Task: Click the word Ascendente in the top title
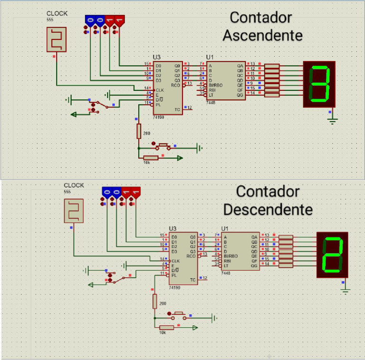pos(263,35)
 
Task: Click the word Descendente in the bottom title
pos(268,209)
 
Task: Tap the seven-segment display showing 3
pos(319,84)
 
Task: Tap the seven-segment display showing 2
pos(332,255)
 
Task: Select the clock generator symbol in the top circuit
pos(57,39)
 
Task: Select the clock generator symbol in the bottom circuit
pos(74,211)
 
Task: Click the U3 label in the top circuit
pos(157,57)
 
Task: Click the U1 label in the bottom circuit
pos(225,228)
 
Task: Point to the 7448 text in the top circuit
pos(211,102)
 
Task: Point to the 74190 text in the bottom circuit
pos(174,288)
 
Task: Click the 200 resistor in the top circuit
pos(139,131)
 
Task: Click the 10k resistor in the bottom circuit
pos(166,327)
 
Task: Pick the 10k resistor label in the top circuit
pos(146,163)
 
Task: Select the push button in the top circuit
pos(163,146)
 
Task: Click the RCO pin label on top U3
pos(176,85)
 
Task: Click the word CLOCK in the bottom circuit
pos(74,185)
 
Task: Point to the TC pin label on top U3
pos(177,109)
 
